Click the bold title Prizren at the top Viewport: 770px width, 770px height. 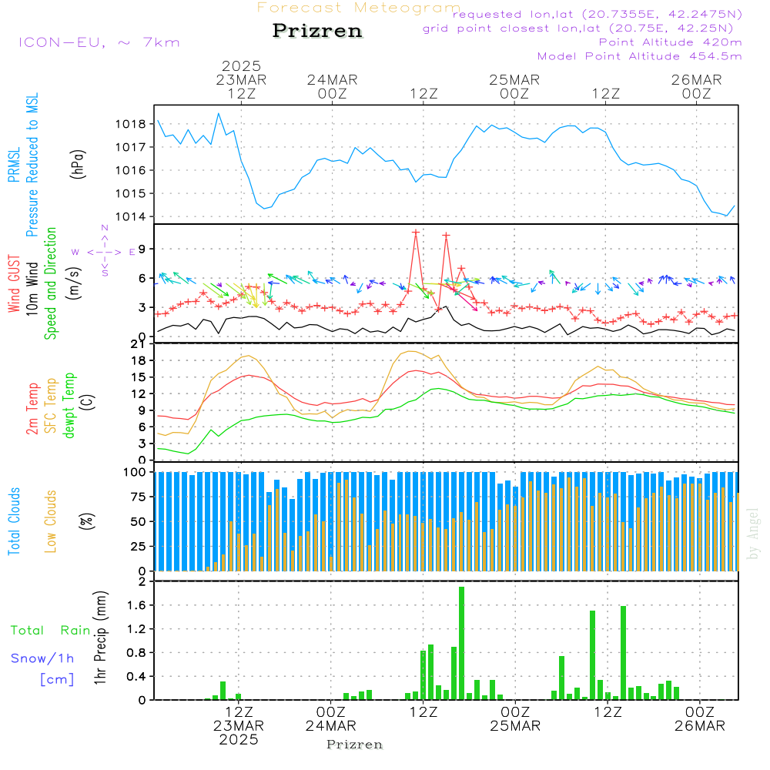(x=317, y=32)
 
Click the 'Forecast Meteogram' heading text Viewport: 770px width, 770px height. (x=359, y=8)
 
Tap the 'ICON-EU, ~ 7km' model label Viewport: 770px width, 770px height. (x=99, y=42)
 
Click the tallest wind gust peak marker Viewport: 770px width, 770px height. (x=416, y=231)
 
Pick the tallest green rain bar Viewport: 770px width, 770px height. (x=461, y=643)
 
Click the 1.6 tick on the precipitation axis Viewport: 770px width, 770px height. (x=136, y=605)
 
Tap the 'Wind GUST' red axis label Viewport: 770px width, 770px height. (x=15, y=284)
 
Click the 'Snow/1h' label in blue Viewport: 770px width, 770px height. (x=43, y=658)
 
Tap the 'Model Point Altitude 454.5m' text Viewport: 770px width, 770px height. (x=639, y=56)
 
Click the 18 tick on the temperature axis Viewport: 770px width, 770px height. (x=139, y=360)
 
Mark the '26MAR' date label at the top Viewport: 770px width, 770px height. (x=696, y=79)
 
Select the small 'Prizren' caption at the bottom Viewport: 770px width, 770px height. (x=355, y=745)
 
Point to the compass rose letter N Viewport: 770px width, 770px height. (x=105, y=229)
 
